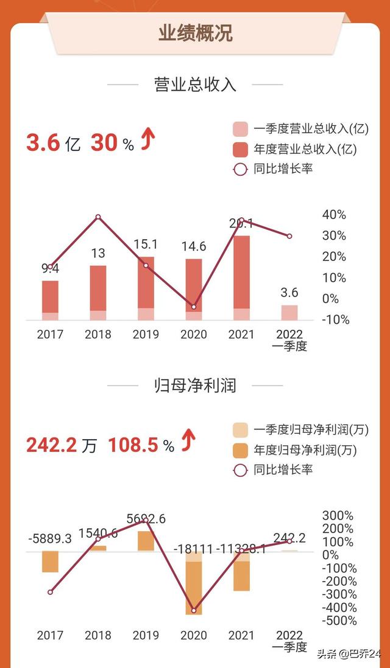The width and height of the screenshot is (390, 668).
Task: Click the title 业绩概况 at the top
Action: coord(195,33)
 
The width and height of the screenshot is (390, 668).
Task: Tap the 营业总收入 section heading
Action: coord(195,85)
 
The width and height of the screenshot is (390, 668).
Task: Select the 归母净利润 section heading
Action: coord(195,385)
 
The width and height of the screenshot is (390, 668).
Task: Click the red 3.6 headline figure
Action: coord(43,144)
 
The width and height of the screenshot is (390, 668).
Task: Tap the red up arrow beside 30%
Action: coord(148,141)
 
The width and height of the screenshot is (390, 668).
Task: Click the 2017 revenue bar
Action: coord(51,300)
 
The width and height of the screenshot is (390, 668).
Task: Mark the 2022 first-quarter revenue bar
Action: coord(289,313)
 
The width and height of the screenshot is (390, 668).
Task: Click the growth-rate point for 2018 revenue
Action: coord(98,217)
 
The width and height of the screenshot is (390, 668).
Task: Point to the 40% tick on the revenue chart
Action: coord(333,215)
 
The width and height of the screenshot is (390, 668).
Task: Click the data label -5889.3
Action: coord(50,539)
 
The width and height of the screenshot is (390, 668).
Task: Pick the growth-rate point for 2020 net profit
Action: coord(194,610)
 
